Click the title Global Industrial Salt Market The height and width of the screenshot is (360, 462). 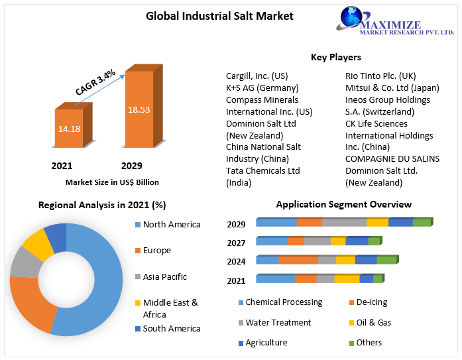[219, 16]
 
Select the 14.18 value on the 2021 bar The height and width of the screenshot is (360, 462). [69, 128]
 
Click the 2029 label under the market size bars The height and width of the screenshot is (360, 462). [131, 165]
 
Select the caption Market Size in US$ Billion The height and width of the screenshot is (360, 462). [112, 182]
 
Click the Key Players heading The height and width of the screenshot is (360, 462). [336, 57]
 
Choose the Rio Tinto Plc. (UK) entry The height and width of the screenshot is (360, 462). [380, 76]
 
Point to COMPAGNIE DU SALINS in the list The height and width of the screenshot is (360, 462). [392, 158]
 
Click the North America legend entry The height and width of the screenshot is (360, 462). [171, 224]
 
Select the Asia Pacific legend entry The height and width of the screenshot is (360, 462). [164, 276]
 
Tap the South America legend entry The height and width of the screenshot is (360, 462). [171, 328]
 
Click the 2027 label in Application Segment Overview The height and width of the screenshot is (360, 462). [236, 243]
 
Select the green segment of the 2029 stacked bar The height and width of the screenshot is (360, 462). [422, 222]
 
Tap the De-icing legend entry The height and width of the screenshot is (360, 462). [371, 302]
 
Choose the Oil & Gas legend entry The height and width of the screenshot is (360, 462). [374, 322]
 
